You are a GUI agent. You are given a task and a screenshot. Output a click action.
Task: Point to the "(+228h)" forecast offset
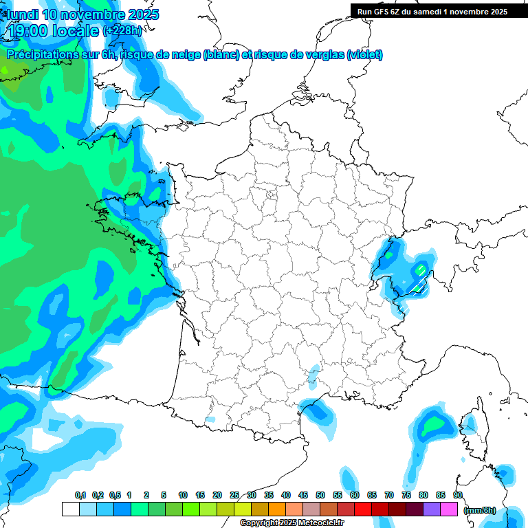click(122, 31)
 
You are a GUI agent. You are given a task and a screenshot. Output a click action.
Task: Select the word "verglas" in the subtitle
click(323, 55)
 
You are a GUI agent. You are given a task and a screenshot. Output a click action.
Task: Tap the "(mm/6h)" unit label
click(480, 510)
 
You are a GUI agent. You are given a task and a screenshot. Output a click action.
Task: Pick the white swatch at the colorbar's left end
click(70, 509)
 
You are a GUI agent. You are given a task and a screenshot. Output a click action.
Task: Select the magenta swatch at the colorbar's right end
click(450, 509)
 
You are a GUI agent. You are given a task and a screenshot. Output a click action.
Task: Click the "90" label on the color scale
click(458, 495)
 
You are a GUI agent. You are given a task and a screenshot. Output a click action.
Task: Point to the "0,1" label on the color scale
click(80, 495)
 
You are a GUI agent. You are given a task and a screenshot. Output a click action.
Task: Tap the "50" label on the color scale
click(320, 495)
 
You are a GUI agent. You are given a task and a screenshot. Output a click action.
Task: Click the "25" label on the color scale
click(234, 495)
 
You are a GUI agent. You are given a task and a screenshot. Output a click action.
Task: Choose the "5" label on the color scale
click(164, 495)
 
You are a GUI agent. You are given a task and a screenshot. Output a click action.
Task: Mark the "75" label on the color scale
click(406, 495)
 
